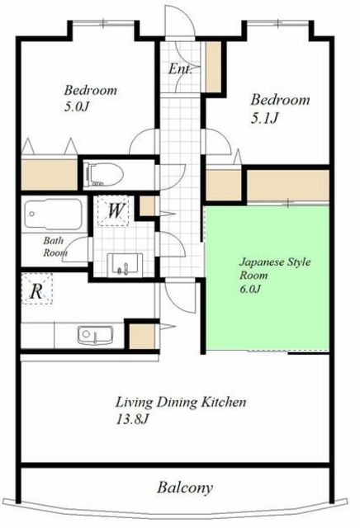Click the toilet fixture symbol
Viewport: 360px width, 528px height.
tap(104, 174)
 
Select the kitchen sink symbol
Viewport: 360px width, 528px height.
tap(95, 335)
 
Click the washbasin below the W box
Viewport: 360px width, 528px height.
tap(125, 264)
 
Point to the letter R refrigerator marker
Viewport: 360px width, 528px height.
tap(36, 291)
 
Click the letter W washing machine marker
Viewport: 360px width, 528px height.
tap(116, 211)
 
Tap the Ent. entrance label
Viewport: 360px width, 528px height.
tap(180, 69)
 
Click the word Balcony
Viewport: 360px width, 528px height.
tap(185, 488)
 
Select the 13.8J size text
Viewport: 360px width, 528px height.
tap(132, 420)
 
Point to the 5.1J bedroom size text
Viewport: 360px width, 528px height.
tap(264, 119)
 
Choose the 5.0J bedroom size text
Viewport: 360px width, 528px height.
tap(77, 107)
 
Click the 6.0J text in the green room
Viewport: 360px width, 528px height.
tap(250, 289)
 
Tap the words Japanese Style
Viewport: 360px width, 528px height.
tap(275, 262)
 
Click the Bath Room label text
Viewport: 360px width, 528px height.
tap(54, 247)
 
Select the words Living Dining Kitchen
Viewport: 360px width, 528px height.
tap(181, 402)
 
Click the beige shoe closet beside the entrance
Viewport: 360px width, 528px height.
tap(213, 66)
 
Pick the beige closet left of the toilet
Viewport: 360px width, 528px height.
tap(50, 174)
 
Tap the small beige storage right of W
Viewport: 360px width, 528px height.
tap(147, 206)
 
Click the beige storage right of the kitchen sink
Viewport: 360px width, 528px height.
tap(142, 337)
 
